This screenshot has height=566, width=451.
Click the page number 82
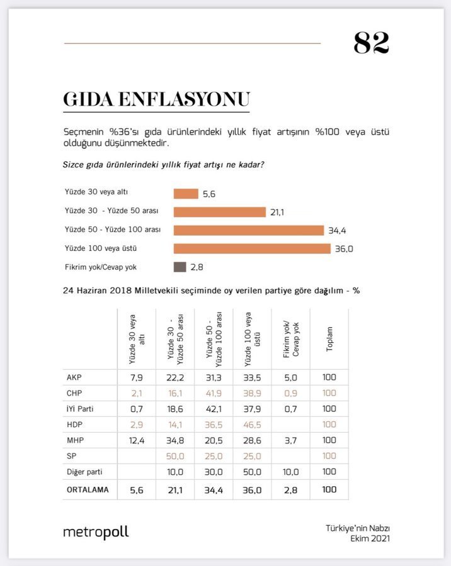371,43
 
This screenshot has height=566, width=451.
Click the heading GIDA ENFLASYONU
156,99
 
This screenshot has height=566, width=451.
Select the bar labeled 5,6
186,194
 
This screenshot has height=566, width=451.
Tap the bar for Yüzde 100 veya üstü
252,248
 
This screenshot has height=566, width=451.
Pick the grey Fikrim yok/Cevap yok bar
180,267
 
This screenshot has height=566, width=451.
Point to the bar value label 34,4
338,231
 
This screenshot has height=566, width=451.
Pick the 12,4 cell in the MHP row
137,440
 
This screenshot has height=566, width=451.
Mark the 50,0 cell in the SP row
175,456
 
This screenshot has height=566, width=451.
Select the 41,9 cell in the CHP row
214,394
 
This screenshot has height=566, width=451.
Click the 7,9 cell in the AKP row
137,378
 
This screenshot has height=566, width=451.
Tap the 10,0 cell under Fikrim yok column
290,472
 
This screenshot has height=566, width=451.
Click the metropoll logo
96,531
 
